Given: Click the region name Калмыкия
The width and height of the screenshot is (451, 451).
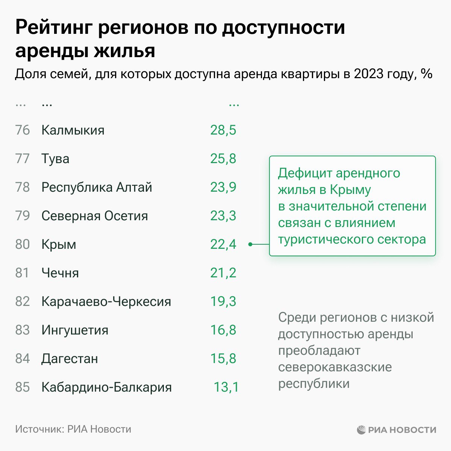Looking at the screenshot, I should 73,130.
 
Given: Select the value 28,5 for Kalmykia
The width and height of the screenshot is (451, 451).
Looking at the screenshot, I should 223,130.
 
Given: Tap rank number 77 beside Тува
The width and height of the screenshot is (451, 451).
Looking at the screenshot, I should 22,159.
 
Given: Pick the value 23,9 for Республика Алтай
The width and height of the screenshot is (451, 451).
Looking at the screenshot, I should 223,187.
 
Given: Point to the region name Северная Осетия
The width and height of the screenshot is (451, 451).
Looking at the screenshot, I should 95,216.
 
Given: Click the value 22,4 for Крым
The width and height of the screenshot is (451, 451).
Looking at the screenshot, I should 223,244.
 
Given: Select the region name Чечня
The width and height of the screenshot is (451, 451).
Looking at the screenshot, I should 60,273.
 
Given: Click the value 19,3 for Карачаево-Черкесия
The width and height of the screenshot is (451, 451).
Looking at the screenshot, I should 223,301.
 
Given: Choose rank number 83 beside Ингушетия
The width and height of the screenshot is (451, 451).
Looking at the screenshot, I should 22,330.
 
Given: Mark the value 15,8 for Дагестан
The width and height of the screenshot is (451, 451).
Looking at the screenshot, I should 223,359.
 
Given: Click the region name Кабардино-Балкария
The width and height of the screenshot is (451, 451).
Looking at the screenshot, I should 106,387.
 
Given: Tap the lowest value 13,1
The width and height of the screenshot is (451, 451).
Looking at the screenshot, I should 226,387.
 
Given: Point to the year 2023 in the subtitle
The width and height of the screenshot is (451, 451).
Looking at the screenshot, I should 369,74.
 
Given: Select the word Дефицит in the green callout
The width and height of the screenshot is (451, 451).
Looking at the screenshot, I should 305,173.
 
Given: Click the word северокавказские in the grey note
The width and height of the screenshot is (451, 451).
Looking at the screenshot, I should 335,367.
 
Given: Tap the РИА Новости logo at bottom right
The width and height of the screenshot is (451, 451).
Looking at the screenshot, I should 397,430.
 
